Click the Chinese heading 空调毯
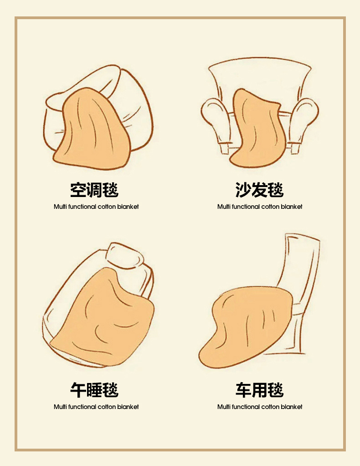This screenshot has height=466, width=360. (94, 190)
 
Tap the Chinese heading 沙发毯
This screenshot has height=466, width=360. (260, 190)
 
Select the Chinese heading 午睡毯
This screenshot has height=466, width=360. (94, 390)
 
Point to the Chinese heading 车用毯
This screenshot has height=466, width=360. (260, 390)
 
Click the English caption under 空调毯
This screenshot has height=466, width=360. (96, 207)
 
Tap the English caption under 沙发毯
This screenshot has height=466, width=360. (260, 207)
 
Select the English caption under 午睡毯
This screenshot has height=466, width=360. (96, 407)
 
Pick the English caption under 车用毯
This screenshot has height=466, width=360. (260, 407)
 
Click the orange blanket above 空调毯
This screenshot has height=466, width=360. (92, 131)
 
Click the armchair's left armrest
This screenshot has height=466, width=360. (216, 119)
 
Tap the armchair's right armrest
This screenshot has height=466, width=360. (303, 119)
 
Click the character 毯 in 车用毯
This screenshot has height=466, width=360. (276, 390)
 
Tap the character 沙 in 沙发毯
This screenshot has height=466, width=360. (243, 190)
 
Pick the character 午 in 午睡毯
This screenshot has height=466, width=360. (78, 390)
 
